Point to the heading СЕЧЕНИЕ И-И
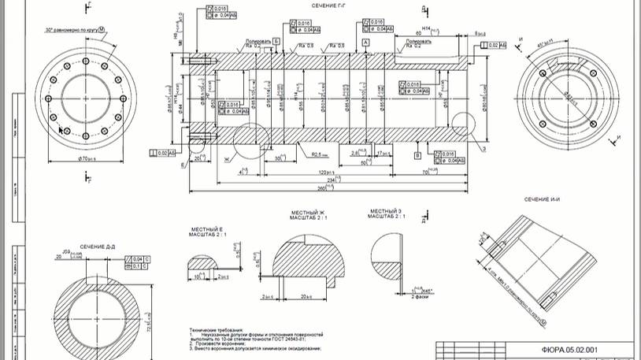541,200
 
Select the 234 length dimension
335,180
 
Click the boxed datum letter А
365,39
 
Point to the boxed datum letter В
418,156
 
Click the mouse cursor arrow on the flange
61,129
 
